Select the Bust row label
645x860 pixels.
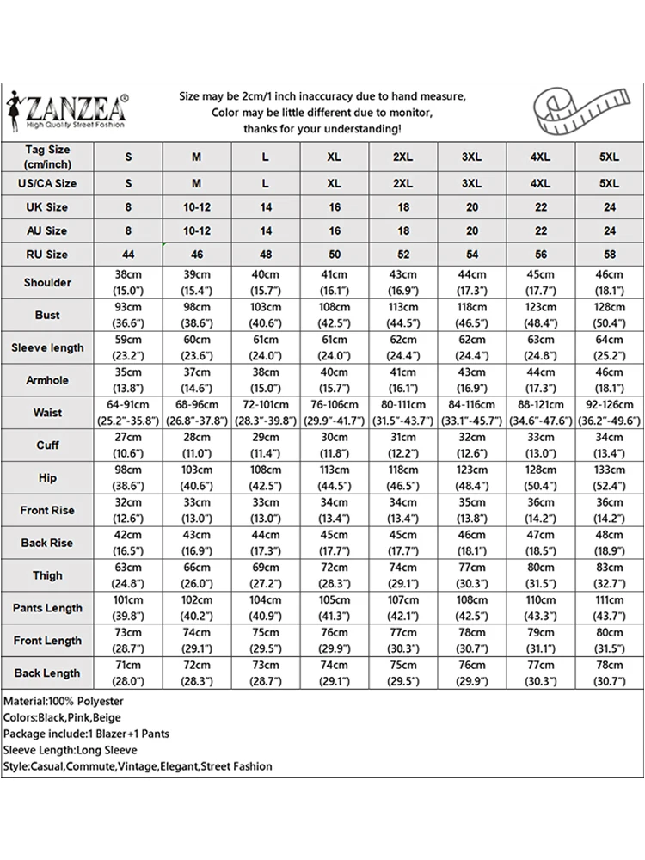[47, 316]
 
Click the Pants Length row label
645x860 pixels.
[47, 608]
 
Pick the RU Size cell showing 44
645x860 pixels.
[129, 255]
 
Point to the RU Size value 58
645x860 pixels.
[610, 255]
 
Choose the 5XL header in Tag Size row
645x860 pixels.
[610, 157]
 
